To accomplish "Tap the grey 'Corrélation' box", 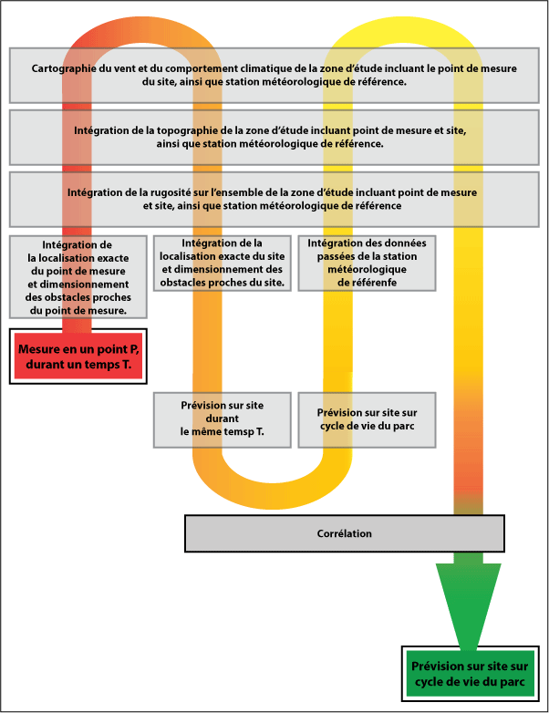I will (x=344, y=533).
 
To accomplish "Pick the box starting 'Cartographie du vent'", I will (x=274, y=75).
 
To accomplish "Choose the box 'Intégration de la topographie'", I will (x=274, y=138).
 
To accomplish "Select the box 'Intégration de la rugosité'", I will (x=274, y=200).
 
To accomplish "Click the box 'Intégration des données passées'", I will (x=368, y=263).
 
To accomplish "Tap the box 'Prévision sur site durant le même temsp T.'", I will (x=223, y=419).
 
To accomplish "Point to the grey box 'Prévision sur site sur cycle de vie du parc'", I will (x=368, y=419).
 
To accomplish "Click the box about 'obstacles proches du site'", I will (x=223, y=263).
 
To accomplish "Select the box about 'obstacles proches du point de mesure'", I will (x=78, y=277).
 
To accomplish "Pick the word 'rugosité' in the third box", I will (x=184, y=193).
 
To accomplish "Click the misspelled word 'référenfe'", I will (x=368, y=283).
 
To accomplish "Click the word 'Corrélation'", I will (x=344, y=533).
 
